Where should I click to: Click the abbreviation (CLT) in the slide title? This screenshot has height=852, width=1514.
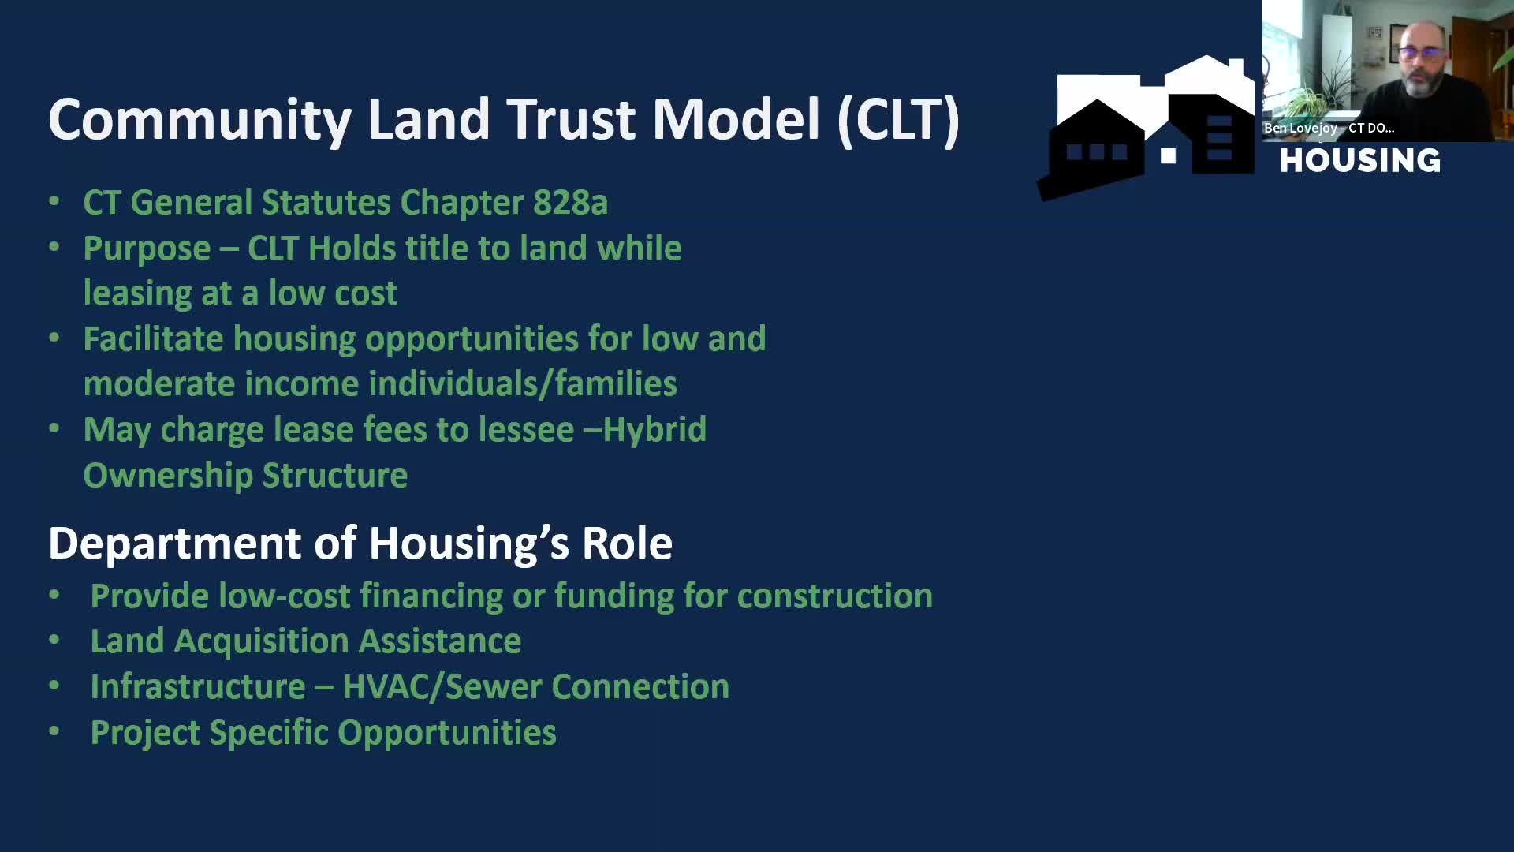coord(898,120)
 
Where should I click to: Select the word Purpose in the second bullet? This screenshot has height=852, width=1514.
coord(147,249)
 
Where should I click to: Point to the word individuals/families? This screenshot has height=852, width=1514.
coord(522,384)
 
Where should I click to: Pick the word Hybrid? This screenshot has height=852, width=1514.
coord(654,430)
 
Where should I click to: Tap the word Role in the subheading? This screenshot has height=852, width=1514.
coord(627,544)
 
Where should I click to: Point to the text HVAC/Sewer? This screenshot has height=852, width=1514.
coord(442,687)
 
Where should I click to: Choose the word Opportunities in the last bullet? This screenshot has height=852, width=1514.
coord(447,733)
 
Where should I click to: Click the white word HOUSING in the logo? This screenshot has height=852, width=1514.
coord(1359,161)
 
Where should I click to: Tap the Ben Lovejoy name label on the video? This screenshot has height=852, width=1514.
coord(1329,128)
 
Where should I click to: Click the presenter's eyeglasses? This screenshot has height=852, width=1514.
coord(1423,54)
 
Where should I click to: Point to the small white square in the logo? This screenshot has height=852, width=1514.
coord(1168,156)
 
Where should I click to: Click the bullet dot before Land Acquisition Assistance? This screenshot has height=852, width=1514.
coord(54,640)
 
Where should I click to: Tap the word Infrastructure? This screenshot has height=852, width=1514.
coord(198,687)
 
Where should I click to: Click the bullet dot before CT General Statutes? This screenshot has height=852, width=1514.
coord(54,201)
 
